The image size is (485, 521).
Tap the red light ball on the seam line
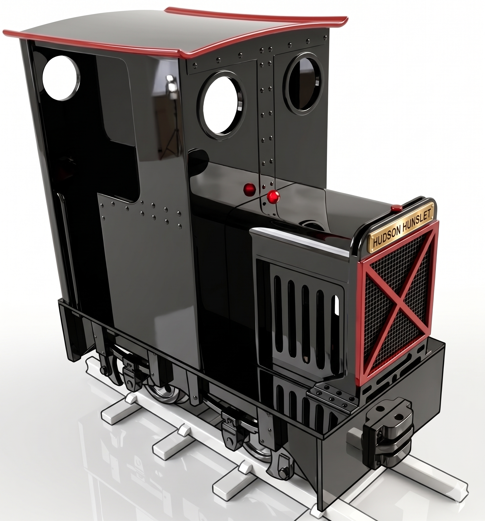[273, 196]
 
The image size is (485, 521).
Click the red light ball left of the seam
[250, 188]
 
